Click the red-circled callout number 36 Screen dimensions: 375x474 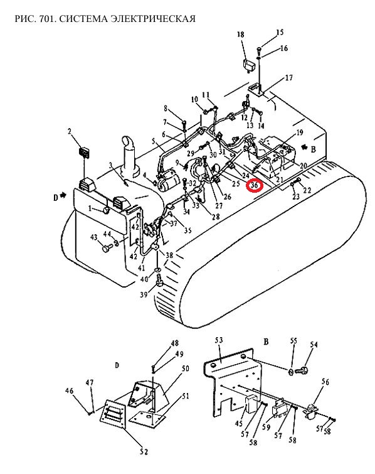[x=255, y=185]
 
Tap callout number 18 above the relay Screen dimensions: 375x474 [x=241, y=35]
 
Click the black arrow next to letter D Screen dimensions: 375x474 [x=63, y=195]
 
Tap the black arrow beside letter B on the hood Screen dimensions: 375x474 [x=305, y=147]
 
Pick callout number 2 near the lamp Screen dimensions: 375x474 [x=70, y=131]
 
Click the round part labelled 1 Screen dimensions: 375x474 [x=105, y=210]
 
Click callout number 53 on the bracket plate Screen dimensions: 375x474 [x=219, y=340]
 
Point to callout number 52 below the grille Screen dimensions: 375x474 [x=144, y=451]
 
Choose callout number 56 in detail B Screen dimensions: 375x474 [x=325, y=382]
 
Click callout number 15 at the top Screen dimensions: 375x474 [x=280, y=33]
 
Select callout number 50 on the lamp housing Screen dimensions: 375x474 [x=186, y=369]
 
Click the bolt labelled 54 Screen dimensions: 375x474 [x=301, y=369]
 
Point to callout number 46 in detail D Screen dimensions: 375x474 [x=69, y=391]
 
